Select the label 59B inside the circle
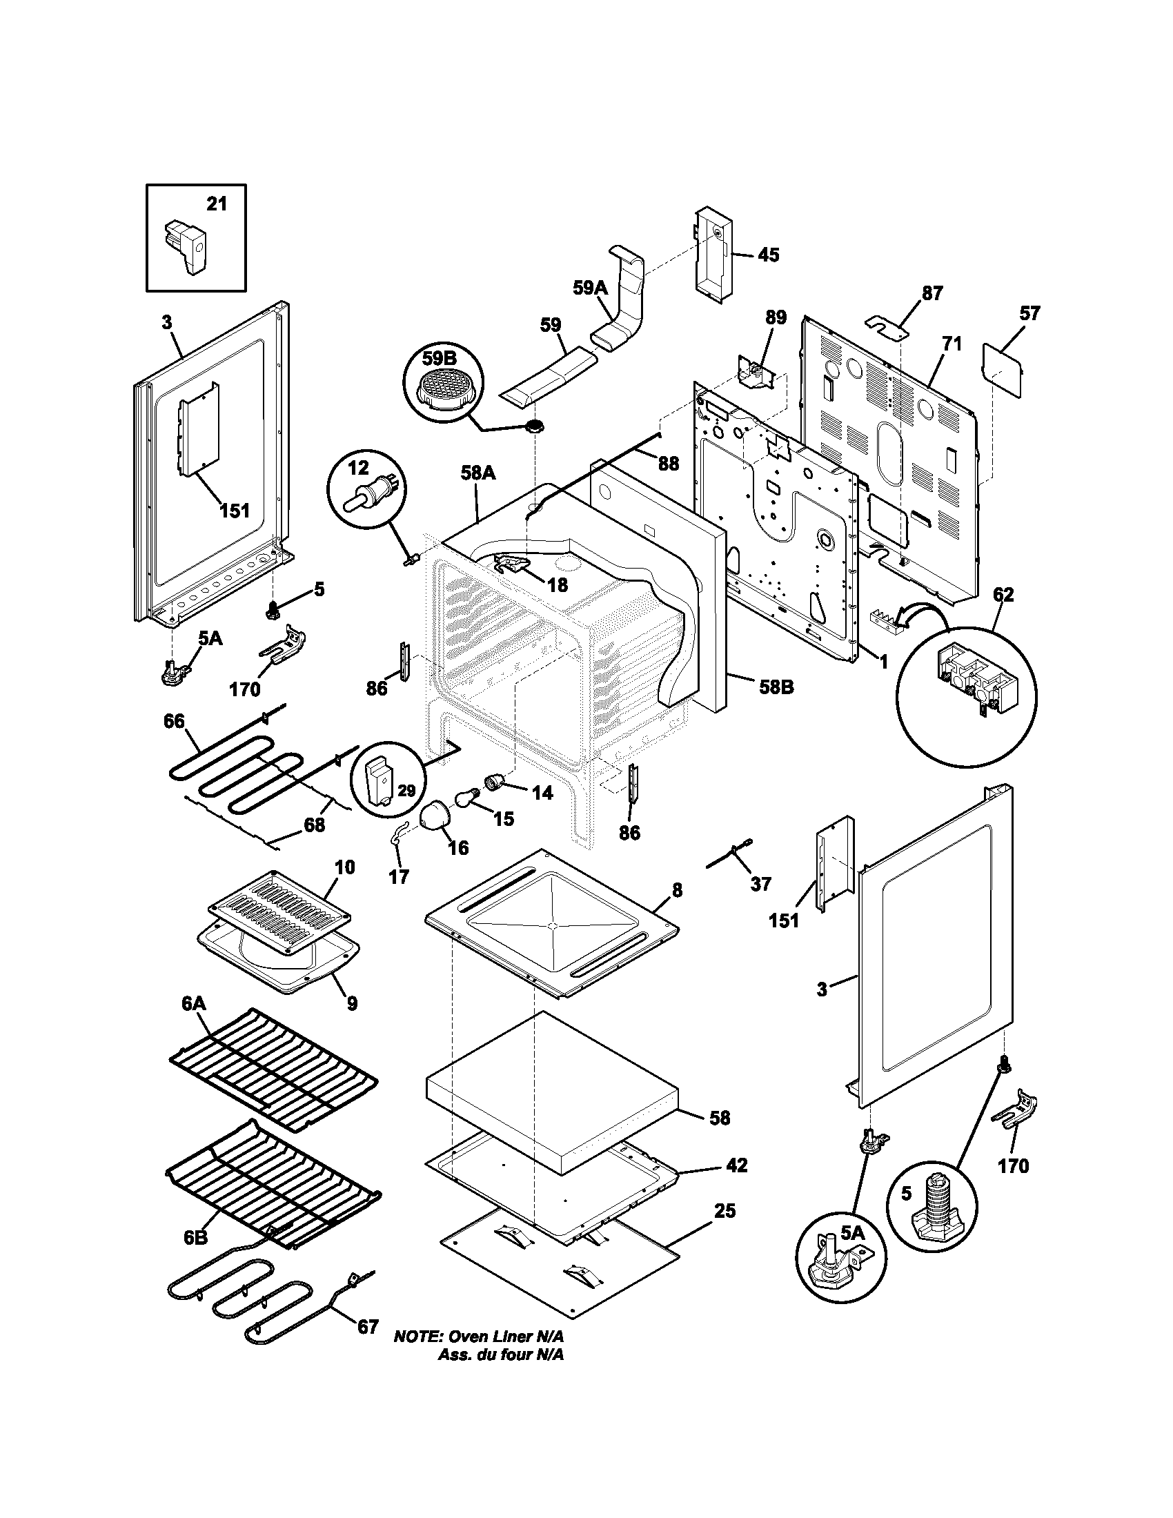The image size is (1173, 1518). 439,359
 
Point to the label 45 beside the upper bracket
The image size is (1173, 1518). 768,255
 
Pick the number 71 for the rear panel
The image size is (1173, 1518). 952,344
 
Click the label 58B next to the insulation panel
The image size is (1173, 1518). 776,687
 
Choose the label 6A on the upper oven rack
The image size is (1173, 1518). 194,1003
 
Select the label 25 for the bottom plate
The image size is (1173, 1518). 724,1211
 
